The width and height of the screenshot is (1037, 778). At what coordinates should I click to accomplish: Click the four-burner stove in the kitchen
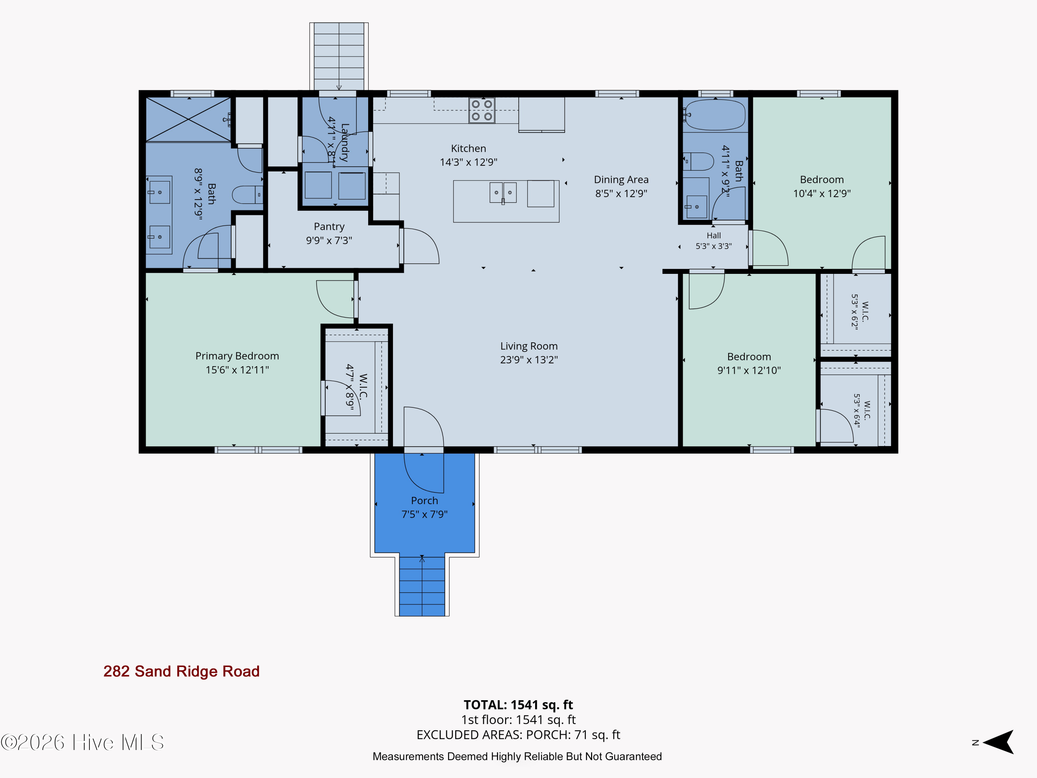point(482,110)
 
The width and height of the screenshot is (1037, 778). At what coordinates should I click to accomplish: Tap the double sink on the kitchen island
point(503,193)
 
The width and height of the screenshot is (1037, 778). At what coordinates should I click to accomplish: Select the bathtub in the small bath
point(714,115)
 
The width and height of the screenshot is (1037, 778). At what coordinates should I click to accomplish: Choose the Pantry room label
point(329,226)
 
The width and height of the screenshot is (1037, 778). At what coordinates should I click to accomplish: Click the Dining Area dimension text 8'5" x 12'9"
point(621,193)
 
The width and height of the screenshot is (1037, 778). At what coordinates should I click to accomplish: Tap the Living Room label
point(529,346)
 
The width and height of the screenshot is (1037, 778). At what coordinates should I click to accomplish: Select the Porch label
point(424,500)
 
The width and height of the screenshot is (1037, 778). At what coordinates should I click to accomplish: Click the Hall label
point(713,235)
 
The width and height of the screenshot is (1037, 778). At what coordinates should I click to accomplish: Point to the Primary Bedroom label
point(237,356)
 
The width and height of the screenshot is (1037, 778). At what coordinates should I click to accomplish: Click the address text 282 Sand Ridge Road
point(181,671)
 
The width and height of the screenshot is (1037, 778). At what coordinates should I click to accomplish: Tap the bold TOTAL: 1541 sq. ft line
point(518,705)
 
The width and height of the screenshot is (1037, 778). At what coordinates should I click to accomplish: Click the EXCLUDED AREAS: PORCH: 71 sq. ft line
point(518,735)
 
